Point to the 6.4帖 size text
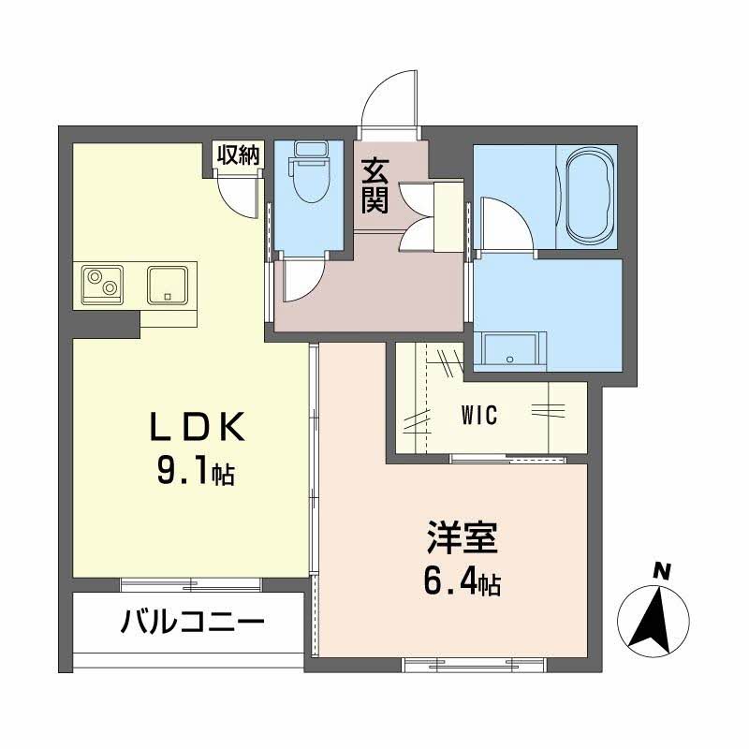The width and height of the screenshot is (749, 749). [462, 584]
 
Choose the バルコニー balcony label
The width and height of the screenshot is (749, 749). [192, 622]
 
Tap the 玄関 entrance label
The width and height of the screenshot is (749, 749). [375, 185]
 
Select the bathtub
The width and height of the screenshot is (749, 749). [587, 197]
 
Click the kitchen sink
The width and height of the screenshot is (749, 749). [169, 284]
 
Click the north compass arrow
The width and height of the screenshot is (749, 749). [654, 617]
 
